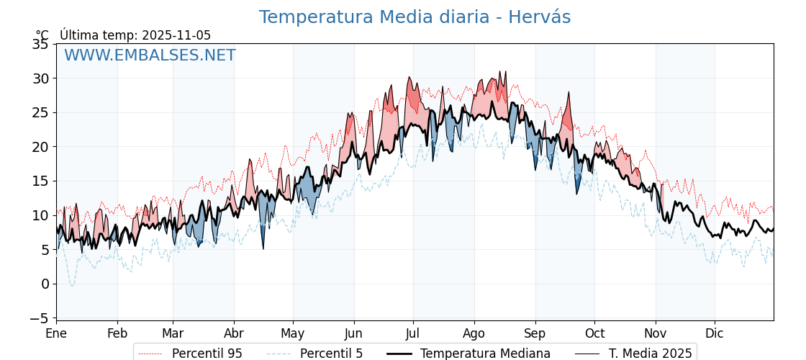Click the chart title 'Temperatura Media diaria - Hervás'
point(415,17)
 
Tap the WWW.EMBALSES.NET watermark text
point(150,55)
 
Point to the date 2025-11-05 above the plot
point(176,35)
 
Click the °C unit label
point(42,35)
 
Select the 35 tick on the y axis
point(40,44)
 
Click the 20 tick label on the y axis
point(40,147)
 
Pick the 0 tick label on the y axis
point(45,284)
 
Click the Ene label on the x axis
point(56,333)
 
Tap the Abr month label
point(234,333)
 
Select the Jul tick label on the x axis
point(413,333)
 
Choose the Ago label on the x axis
point(474,333)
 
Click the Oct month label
point(594,333)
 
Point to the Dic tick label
point(715,333)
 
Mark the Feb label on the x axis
point(117,333)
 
